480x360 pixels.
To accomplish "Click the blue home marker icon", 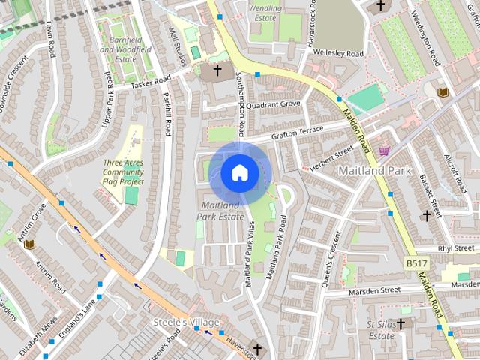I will pyautogui.click(x=239, y=173).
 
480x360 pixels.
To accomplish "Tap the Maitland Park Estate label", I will pyautogui.click(x=220, y=211).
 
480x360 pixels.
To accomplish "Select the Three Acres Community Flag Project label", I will pyautogui.click(x=124, y=172).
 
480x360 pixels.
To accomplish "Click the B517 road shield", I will pyautogui.click(x=416, y=263).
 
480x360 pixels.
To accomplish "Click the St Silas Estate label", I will pyautogui.click(x=381, y=329).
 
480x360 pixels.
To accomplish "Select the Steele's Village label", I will pyautogui.click(x=184, y=322).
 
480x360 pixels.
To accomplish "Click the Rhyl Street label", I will pyautogui.click(x=455, y=247).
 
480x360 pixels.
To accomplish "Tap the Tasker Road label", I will pyautogui.click(x=151, y=83).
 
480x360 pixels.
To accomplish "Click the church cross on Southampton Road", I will pyautogui.click(x=217, y=70).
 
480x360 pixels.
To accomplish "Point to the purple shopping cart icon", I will pyautogui.click(x=384, y=151).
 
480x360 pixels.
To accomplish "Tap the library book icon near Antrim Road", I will pyautogui.click(x=30, y=244).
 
